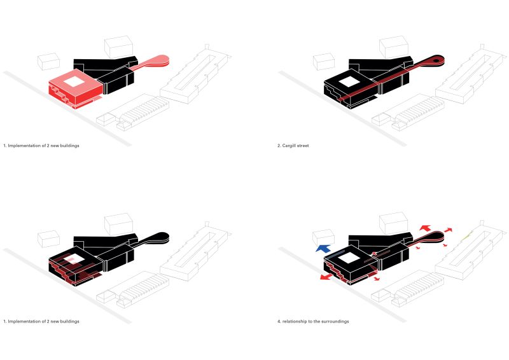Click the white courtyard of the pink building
coord(74,81)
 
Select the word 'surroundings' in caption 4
coord(335,321)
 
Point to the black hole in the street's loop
coord(436,62)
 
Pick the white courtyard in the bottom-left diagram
coord(74,258)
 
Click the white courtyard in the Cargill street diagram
coord(349,81)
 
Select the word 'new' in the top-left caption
coord(52,146)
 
